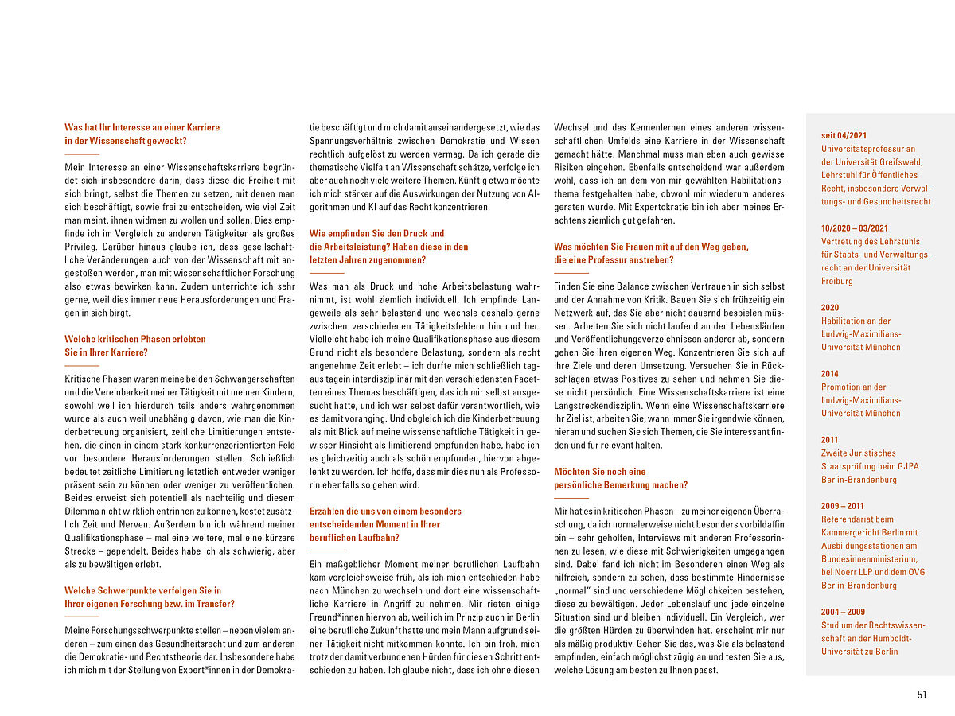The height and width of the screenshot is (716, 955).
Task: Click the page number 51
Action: click(922, 695)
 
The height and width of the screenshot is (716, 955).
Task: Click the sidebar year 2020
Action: click(831, 307)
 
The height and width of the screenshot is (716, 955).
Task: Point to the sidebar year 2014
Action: click(831, 373)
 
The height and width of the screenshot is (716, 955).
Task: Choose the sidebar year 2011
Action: click(830, 439)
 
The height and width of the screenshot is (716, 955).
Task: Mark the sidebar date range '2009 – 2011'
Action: click(843, 505)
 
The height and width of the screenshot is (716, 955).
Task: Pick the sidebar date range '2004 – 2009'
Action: click(843, 611)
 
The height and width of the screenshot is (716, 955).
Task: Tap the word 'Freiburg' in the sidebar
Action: click(837, 281)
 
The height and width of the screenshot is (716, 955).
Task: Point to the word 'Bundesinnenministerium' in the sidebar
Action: click(867, 558)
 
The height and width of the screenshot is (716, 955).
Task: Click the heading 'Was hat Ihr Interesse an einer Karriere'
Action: click(142, 127)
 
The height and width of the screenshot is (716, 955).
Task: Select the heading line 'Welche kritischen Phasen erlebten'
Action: click(135, 339)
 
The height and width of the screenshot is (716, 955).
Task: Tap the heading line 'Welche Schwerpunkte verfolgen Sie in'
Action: click(142, 590)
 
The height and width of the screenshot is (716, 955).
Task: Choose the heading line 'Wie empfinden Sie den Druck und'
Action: click(376, 233)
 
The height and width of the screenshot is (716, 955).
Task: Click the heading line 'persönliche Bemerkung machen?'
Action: click(621, 484)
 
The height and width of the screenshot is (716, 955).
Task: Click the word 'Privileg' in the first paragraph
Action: click(81, 246)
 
